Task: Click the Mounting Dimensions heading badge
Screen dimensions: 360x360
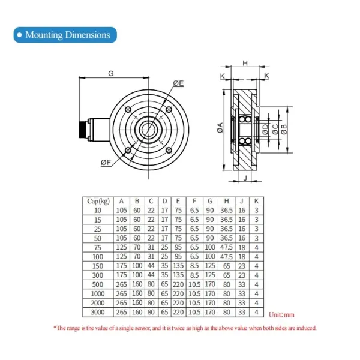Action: tap(65, 35)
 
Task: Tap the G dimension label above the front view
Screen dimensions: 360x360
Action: tap(111, 73)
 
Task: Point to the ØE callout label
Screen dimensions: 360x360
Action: tap(178, 83)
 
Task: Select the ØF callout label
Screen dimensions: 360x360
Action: tap(106, 163)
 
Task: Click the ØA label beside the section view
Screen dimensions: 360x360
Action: tap(220, 128)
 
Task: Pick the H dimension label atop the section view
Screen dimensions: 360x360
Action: tap(245, 63)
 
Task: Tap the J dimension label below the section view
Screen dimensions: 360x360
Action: tap(245, 178)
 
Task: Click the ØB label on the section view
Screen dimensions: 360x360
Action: tap(284, 129)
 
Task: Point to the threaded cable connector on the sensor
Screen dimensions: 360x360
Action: tap(84, 130)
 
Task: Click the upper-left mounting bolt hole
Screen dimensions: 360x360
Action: tap(128, 110)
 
